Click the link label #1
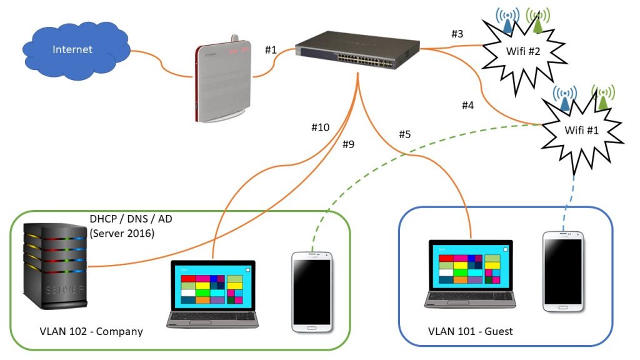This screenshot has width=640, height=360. pyautogui.click(x=271, y=49)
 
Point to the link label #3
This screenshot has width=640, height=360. pyautogui.click(x=457, y=34)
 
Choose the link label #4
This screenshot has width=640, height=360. pyautogui.click(x=468, y=105)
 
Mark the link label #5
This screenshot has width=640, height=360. pyautogui.click(x=405, y=134)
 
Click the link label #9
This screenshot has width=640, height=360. pyautogui.click(x=348, y=144)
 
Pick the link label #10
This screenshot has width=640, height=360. pyautogui.click(x=320, y=127)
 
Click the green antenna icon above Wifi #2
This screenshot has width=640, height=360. pyautogui.click(x=537, y=21)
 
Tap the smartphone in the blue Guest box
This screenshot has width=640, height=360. pyautogui.click(x=562, y=271)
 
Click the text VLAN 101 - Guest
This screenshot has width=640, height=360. pyautogui.click(x=470, y=331)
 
